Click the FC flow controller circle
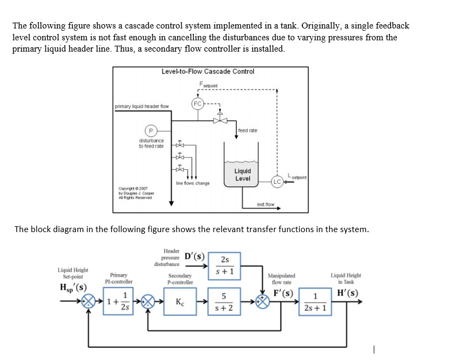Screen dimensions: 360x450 tap(197, 103)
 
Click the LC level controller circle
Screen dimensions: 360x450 tap(278, 181)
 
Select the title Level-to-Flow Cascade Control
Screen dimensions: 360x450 tap(208, 71)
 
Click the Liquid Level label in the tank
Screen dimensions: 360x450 tap(242, 175)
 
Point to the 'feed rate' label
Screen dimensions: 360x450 tap(248, 131)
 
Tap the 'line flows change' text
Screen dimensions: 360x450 tap(193, 184)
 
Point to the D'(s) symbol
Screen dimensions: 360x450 tap(194, 255)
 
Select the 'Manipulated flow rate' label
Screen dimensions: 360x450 tap(281, 279)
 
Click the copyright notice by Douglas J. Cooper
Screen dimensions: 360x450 tap(136, 192)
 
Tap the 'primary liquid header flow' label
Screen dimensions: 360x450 tap(141, 106)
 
